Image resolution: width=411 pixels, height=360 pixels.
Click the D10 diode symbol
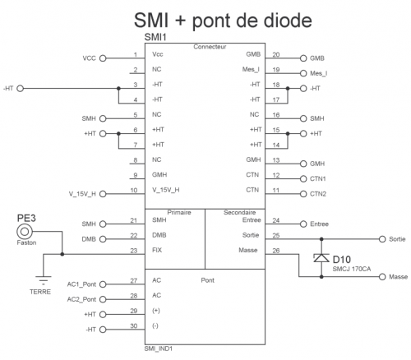321,258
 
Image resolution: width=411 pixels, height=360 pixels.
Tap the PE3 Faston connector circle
25,232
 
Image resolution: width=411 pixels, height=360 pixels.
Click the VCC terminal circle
103,58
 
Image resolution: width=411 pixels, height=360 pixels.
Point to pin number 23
134,251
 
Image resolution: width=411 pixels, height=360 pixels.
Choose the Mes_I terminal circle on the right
303,73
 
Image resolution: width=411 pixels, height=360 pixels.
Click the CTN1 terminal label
318,178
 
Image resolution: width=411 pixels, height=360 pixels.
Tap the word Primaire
179,212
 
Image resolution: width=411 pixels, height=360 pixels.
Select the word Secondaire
239,212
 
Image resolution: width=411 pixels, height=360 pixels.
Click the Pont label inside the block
208,280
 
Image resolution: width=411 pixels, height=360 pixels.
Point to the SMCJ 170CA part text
352,269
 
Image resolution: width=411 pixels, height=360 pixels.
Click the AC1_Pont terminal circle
103,284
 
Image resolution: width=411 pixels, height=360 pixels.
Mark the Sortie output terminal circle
382,239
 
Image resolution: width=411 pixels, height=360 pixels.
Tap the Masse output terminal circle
382,277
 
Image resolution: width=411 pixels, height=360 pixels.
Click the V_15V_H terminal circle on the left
103,194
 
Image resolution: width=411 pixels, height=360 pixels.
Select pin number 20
276,54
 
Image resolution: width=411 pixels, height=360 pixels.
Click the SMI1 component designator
155,37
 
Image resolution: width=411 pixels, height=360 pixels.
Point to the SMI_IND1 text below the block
159,348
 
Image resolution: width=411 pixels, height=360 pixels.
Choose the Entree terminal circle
303,224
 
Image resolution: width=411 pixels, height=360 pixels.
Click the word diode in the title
288,20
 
